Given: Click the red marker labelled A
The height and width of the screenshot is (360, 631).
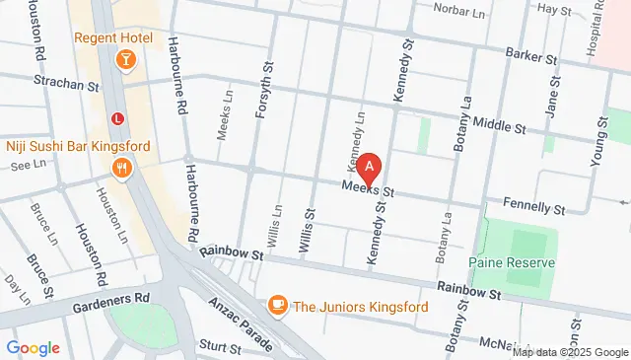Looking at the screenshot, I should [369, 169].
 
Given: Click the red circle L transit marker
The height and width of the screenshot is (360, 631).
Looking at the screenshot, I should [118, 118].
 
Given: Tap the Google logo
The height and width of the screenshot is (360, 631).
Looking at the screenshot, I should [33, 348].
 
